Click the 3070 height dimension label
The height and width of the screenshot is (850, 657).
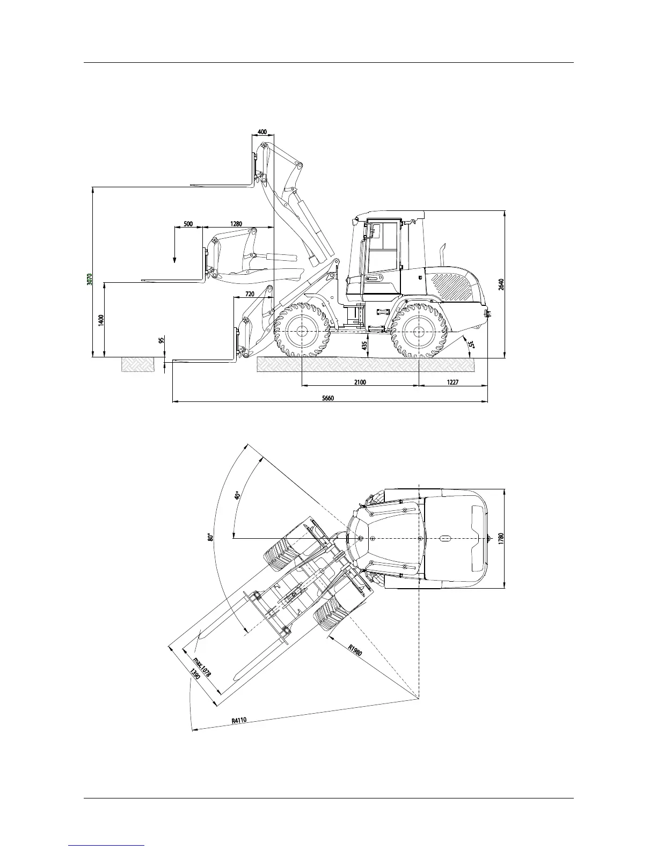point(90,279)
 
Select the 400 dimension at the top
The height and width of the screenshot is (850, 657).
point(262,132)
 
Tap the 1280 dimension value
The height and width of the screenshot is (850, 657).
point(236,224)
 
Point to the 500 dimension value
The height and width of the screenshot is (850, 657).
point(188,224)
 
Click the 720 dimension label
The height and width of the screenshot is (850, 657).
point(250,294)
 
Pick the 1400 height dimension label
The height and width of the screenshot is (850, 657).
point(101,320)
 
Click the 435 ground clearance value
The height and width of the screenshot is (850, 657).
point(364,346)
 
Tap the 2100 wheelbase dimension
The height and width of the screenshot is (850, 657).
point(360,382)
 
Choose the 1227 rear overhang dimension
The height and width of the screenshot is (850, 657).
point(452,382)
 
